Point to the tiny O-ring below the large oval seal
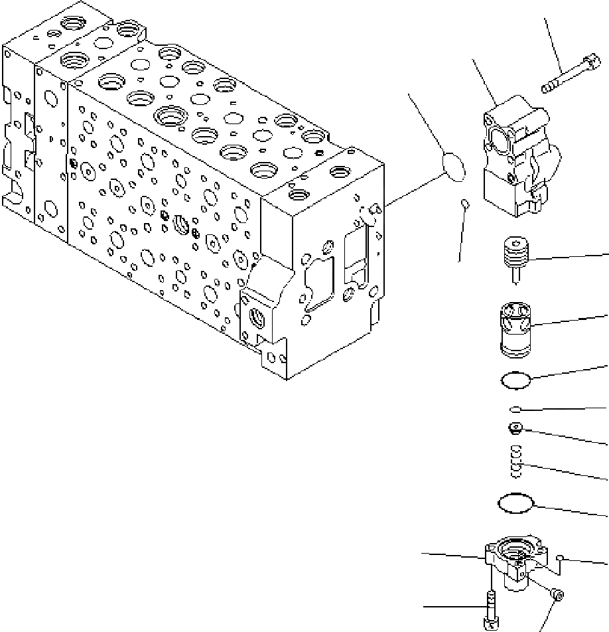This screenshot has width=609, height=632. (x=466, y=203)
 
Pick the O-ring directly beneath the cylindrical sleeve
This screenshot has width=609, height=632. (x=516, y=381)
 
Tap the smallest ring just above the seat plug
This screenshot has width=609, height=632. (x=516, y=409)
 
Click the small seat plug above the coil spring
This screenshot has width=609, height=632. (x=515, y=428)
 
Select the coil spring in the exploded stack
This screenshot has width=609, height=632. (x=515, y=461)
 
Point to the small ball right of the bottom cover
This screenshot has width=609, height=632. (x=561, y=557)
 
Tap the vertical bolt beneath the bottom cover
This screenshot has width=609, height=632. (x=492, y=611)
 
